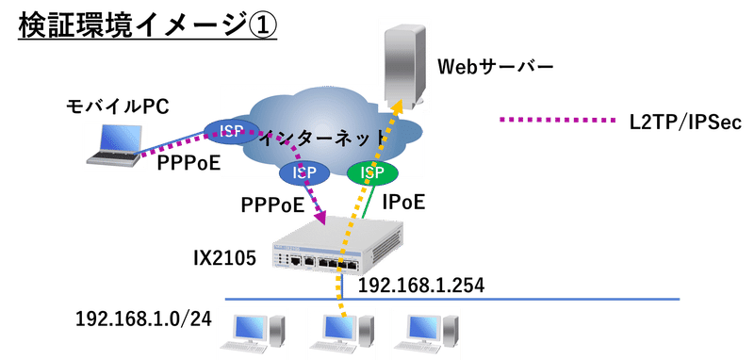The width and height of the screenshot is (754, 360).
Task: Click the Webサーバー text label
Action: coord(494,67)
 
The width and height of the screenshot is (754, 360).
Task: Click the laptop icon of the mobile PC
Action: coord(112,146)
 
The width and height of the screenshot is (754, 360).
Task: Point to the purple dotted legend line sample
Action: coord(555,120)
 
